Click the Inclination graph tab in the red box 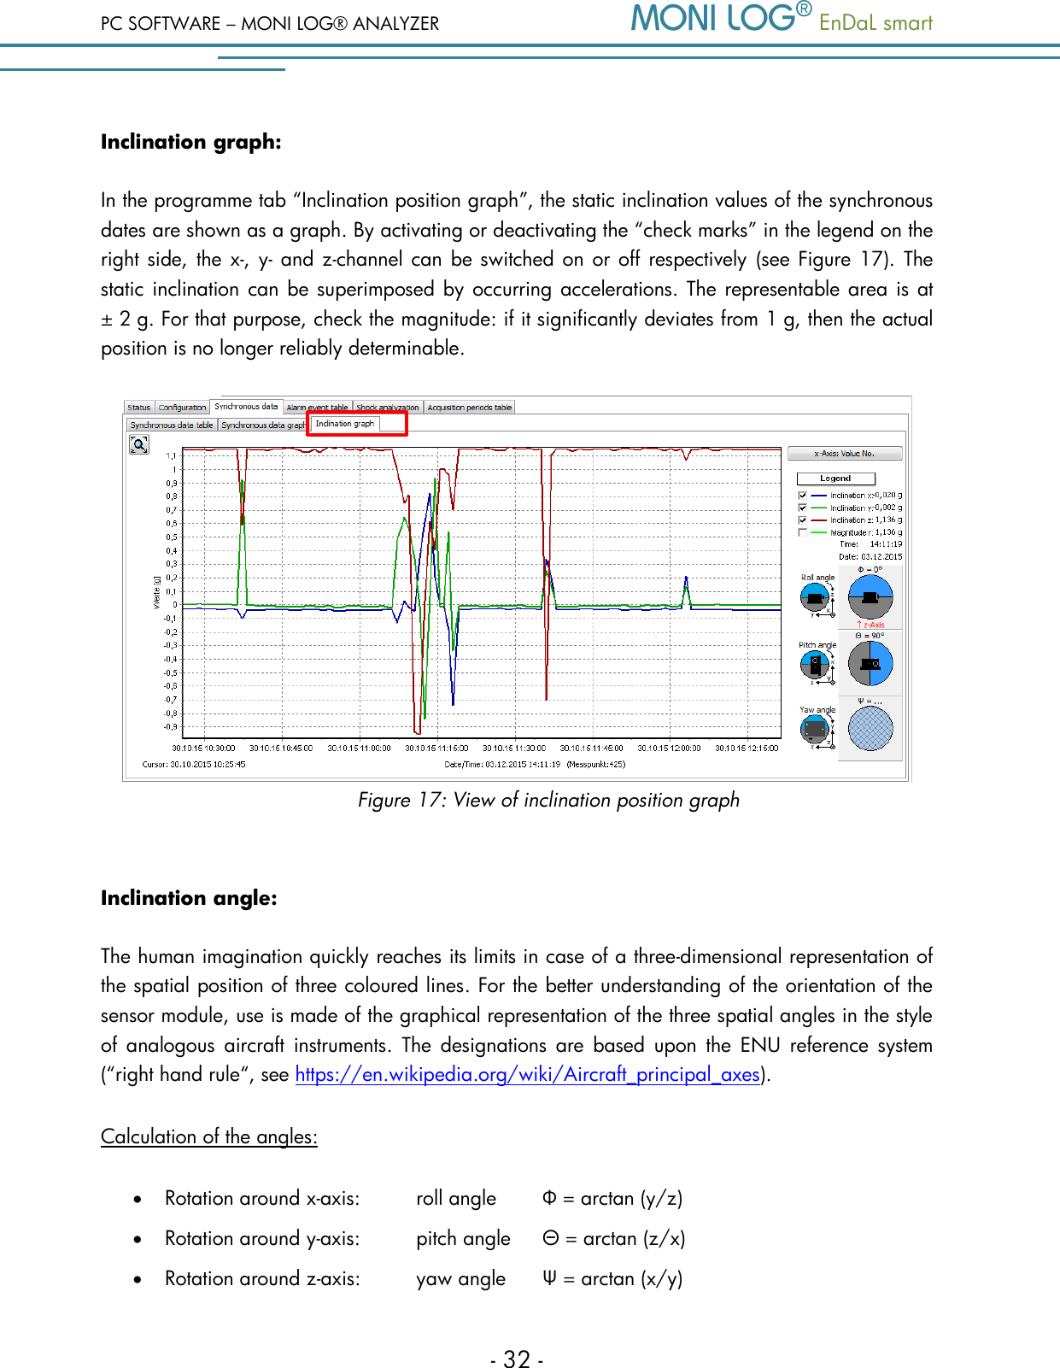coord(345,424)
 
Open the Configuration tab coord(182,408)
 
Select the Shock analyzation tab coord(387,408)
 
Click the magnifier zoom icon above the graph coord(139,444)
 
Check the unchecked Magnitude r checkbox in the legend coord(803,532)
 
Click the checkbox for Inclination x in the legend coord(803,496)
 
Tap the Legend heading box coord(835,479)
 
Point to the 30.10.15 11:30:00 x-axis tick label coord(514,748)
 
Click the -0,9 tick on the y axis coord(171,727)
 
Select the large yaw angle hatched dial coord(870,730)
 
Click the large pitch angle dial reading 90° coord(870,663)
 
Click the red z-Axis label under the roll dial coord(870,625)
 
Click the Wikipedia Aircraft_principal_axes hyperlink coord(527,1075)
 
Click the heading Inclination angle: coord(189,898)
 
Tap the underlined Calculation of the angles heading coord(209,1137)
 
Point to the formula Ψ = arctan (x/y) coord(612,1279)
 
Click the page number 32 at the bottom coord(517,1359)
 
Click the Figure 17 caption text coord(548,801)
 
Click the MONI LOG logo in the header coord(720,19)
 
